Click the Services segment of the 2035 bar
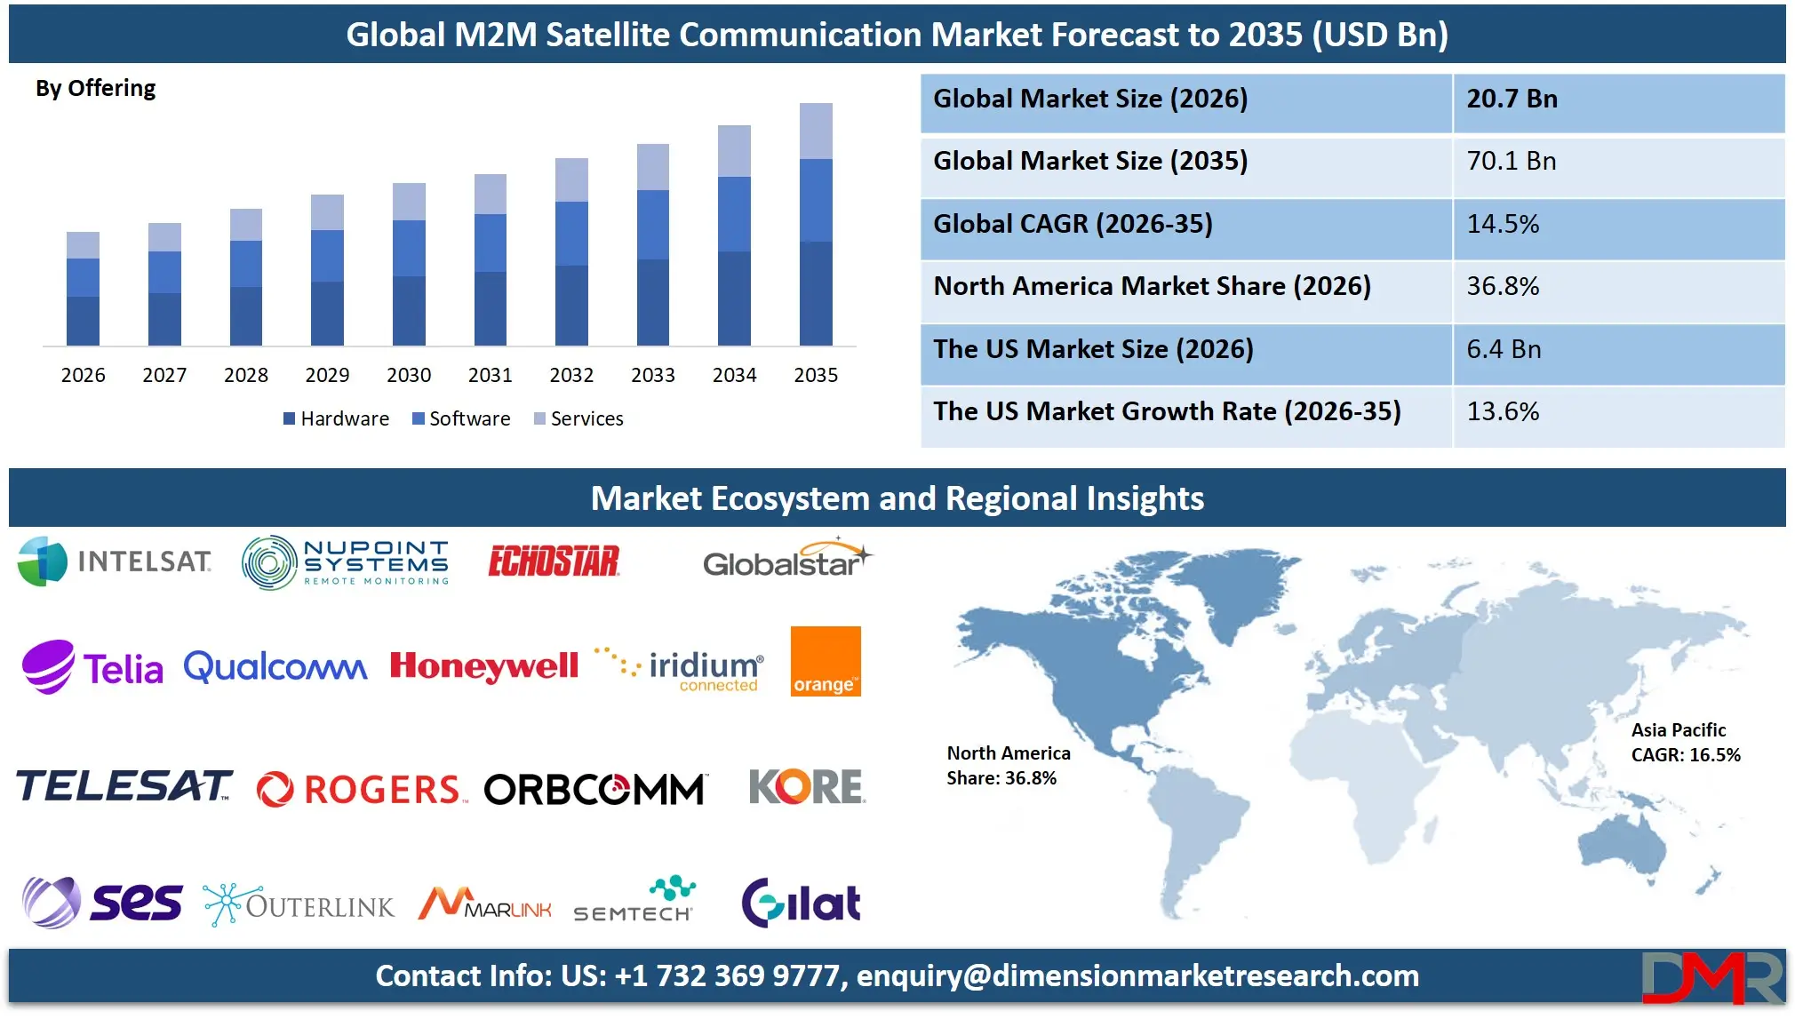pos(816,131)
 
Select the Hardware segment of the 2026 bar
pos(83,321)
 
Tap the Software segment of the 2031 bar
pos(490,243)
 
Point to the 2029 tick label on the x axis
pos(327,375)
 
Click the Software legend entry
pos(461,418)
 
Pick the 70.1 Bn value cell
pos(1511,162)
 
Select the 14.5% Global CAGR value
pos(1503,225)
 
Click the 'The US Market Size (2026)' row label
pos(1093,349)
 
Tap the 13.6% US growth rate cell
pos(1503,412)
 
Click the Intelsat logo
pos(115,561)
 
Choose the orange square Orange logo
pos(826,661)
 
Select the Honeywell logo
pos(484,666)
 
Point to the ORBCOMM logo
pos(594,789)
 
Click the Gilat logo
pos(801,903)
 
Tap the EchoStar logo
pos(554,561)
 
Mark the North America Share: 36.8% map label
pos(1008,766)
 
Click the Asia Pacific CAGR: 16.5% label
pos(1685,743)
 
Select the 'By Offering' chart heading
pos(96,89)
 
